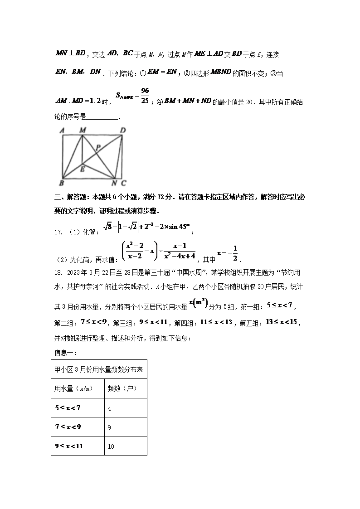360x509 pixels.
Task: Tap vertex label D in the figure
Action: pyautogui.click(x=123, y=131)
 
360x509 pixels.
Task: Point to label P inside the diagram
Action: pyautogui.click(x=97, y=147)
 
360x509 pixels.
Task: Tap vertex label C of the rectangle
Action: pyautogui.click(x=123, y=184)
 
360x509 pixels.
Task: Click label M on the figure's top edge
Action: pyautogui.click(x=83, y=131)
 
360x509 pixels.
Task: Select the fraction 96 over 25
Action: pyautogui.click(x=145, y=95)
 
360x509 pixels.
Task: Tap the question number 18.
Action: pyautogui.click(x=58, y=272)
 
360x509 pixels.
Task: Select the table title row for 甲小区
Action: pyautogui.click(x=99, y=369)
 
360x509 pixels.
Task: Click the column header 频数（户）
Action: pyautogui.click(x=122, y=388)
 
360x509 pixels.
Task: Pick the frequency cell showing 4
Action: pyautogui.click(x=110, y=408)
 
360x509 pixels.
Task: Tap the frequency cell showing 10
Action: pyautogui.click(x=111, y=446)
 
